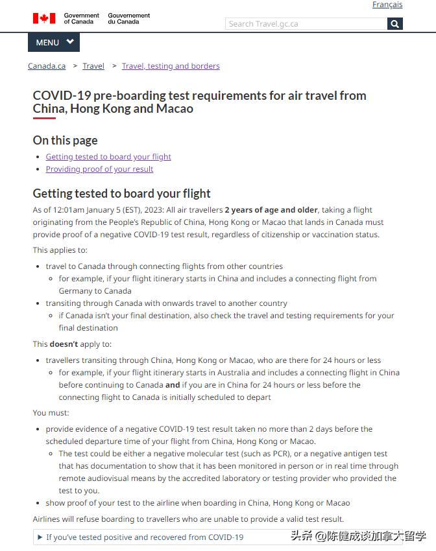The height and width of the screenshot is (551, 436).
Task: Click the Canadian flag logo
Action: pyautogui.click(x=44, y=18)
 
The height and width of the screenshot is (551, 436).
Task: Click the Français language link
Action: pyautogui.click(x=387, y=5)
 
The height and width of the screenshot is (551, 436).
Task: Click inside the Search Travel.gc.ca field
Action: pyautogui.click(x=305, y=24)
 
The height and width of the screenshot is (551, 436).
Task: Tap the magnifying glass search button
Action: pyautogui.click(x=395, y=24)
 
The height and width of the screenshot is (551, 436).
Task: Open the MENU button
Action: pyautogui.click(x=54, y=42)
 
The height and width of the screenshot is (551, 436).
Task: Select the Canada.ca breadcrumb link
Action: pyautogui.click(x=47, y=65)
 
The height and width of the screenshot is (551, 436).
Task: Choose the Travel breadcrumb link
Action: pyautogui.click(x=93, y=65)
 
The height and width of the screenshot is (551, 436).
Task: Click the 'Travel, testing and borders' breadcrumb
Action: pyautogui.click(x=171, y=65)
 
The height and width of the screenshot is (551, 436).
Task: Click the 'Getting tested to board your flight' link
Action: pyautogui.click(x=108, y=156)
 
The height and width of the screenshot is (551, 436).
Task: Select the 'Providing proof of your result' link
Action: pyautogui.click(x=99, y=169)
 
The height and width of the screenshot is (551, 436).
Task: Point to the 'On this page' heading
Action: pyautogui.click(x=65, y=140)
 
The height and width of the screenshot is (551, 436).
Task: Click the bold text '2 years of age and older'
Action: pyautogui.click(x=271, y=210)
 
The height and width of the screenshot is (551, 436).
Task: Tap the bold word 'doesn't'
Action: pyautogui.click(x=64, y=344)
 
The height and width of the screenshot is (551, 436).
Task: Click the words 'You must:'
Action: pyautogui.click(x=51, y=413)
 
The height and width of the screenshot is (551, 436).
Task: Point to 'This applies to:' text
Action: pyautogui.click(x=60, y=250)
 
